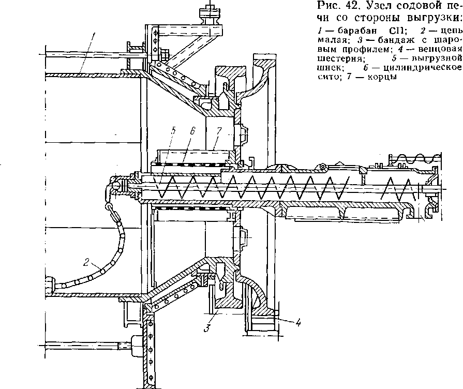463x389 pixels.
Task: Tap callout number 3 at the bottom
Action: pyautogui.click(x=206, y=327)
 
